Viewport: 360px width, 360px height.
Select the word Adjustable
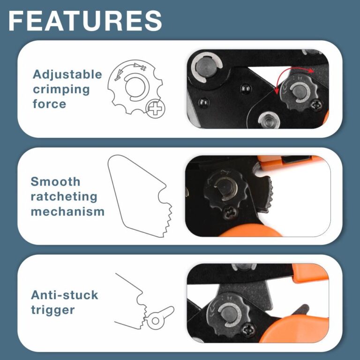(x=67, y=75)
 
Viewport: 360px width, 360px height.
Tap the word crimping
(x=54, y=89)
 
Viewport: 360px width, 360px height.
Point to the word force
(x=49, y=104)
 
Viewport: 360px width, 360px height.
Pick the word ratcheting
(x=64, y=196)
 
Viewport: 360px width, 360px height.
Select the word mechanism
(x=67, y=211)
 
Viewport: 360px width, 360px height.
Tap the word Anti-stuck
(x=64, y=295)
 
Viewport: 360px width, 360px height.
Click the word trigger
(x=52, y=309)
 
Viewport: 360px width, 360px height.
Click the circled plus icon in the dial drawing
(x=155, y=109)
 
